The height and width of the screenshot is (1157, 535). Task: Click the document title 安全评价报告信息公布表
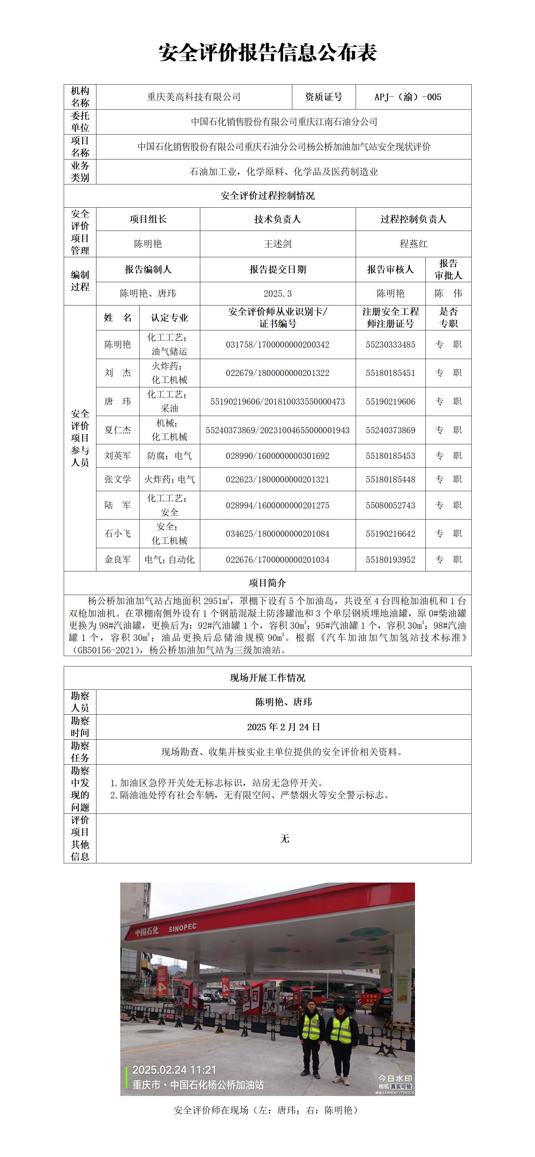pyautogui.click(x=267, y=53)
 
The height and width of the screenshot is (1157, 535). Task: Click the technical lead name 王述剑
pyautogui.click(x=277, y=244)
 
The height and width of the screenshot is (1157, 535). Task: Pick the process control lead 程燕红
pyautogui.click(x=413, y=244)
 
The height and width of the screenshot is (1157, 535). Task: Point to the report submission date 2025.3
pyautogui.click(x=277, y=294)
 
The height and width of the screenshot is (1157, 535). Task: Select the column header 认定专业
pyautogui.click(x=169, y=318)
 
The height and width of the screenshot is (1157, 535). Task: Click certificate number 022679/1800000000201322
pyautogui.click(x=277, y=373)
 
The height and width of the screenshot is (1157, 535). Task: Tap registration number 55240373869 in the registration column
pyautogui.click(x=390, y=430)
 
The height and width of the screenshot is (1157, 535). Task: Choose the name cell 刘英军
pyautogui.click(x=118, y=456)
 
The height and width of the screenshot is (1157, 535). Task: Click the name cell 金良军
pyautogui.click(x=118, y=560)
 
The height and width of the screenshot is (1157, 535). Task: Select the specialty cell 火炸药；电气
pyautogui.click(x=169, y=480)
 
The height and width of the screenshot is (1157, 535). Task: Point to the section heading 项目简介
pyautogui.click(x=267, y=583)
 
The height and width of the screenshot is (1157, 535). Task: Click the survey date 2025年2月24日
pyautogui.click(x=284, y=727)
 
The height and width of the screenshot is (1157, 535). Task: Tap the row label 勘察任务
pyautogui.click(x=80, y=752)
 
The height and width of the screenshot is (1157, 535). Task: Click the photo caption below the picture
pyautogui.click(x=267, y=1110)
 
